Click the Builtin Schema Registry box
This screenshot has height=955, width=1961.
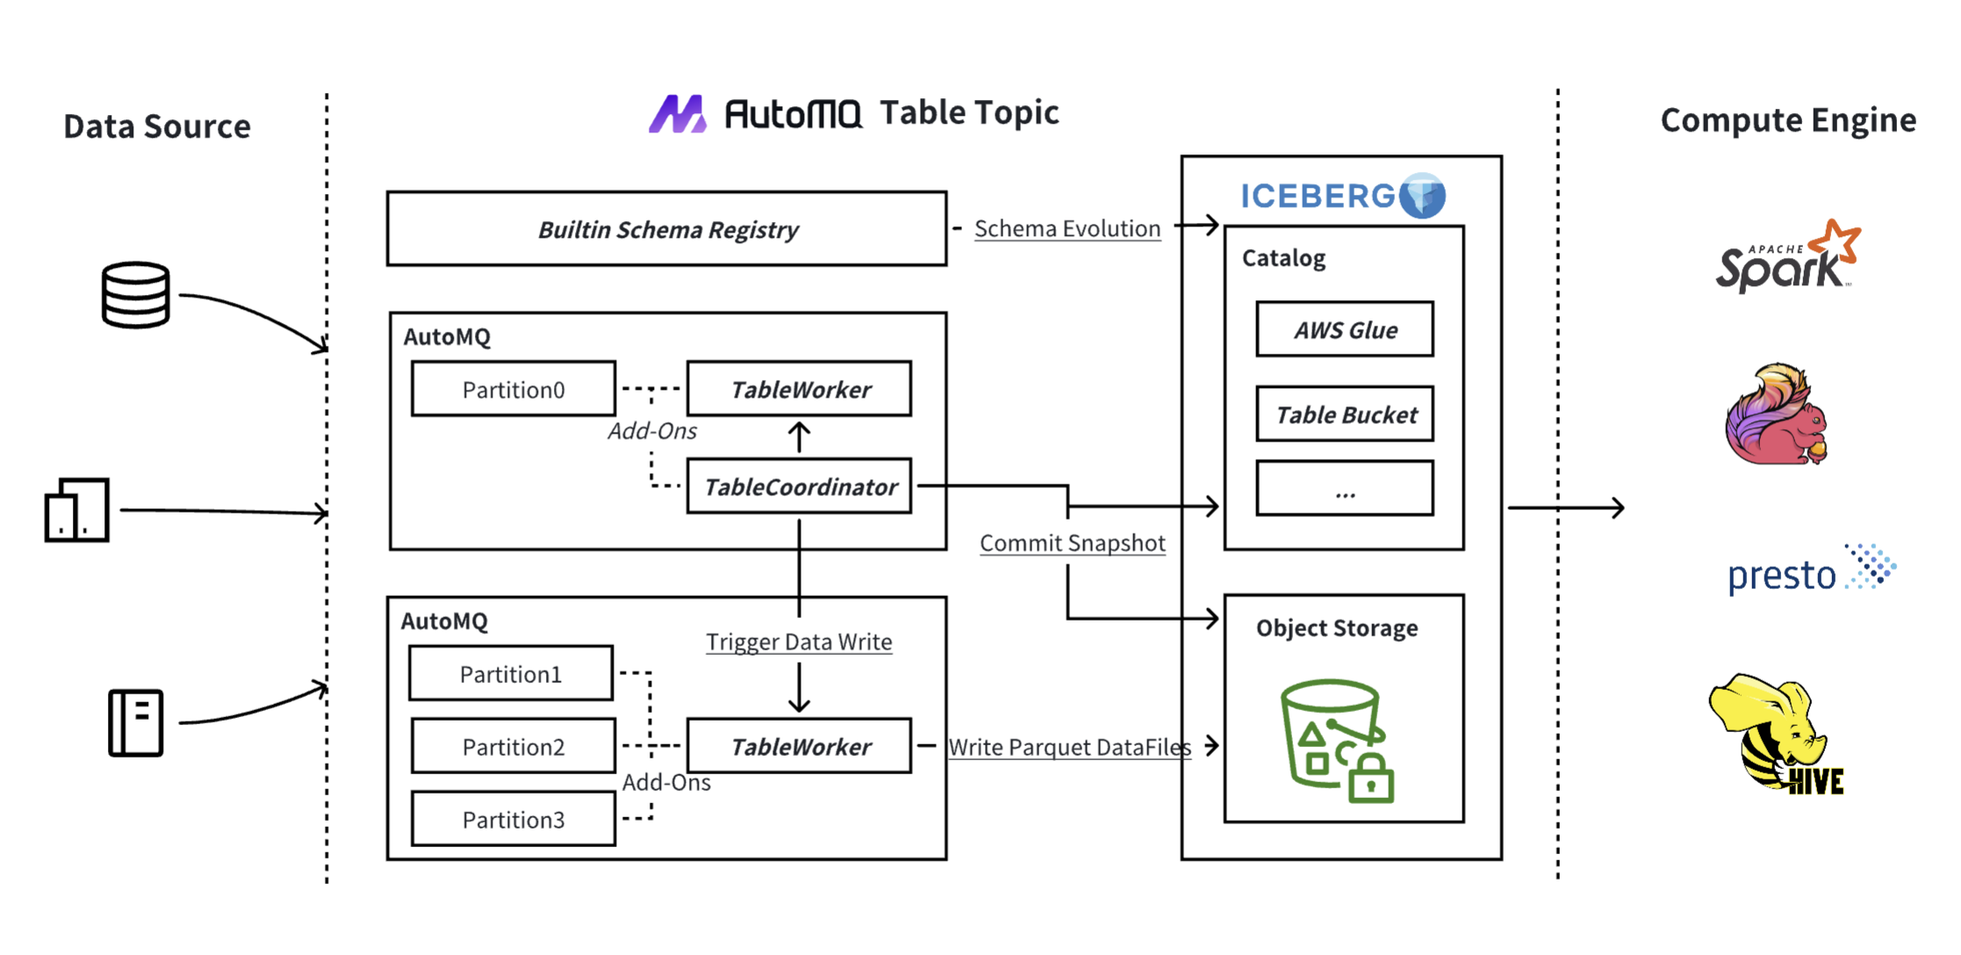pos(667,229)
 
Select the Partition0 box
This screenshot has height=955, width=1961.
pos(514,389)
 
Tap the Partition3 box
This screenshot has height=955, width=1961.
pos(514,819)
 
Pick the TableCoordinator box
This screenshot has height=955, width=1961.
pos(800,486)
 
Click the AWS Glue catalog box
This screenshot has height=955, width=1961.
pos(1345,330)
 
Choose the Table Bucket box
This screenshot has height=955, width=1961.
pos(1345,414)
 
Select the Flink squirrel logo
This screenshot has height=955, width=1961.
pos(1775,414)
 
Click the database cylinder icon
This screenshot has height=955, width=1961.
pos(135,295)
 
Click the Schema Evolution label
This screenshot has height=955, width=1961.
pos(1067,228)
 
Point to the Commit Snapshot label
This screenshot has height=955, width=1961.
pos(1073,543)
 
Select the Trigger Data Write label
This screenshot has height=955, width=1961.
pos(799,642)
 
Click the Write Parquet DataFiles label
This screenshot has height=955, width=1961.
pos(1069,747)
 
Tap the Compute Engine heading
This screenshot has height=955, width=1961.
pos(1788,120)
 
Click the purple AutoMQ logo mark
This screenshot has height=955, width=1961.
pos(677,114)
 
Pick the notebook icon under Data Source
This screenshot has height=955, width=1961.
pos(136,722)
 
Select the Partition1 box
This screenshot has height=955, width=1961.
pos(511,673)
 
